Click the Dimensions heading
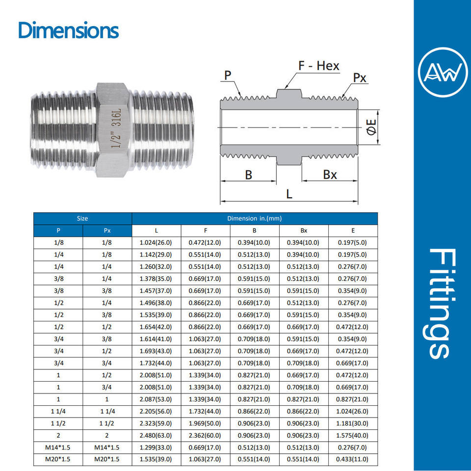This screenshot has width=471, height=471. [69, 30]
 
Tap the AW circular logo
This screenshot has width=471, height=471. [443, 72]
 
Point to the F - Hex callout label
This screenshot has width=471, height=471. [319, 66]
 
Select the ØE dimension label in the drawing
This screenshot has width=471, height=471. [372, 127]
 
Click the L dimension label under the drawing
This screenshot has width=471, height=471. [289, 194]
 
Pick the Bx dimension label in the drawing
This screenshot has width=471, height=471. [330, 175]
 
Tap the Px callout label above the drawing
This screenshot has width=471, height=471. [360, 78]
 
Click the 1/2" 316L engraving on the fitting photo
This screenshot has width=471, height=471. [116, 128]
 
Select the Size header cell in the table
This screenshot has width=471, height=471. [82, 218]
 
